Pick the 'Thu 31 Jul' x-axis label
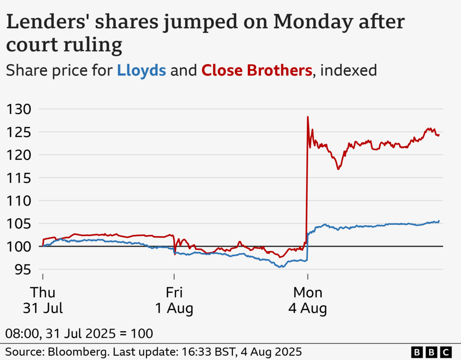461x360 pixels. tap(43, 300)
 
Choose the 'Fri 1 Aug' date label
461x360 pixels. tap(174, 300)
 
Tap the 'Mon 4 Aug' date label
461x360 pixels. tap(308, 300)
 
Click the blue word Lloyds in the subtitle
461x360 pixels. tap(141, 71)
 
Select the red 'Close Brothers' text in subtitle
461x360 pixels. tap(257, 71)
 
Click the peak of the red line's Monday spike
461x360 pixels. tap(307, 117)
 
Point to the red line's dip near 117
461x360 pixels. tap(338, 169)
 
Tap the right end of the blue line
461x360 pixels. tap(439, 221)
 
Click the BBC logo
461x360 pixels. tap(431, 352)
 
